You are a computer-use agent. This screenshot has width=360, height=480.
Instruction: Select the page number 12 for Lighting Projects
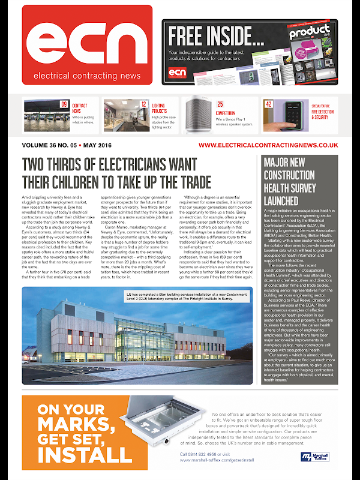click(x=144, y=104)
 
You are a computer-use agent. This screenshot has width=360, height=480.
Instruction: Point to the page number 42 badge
click(x=269, y=104)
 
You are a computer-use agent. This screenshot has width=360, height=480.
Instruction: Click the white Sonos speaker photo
click(x=197, y=115)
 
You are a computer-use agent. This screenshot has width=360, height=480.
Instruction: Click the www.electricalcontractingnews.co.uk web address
click(x=268, y=145)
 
